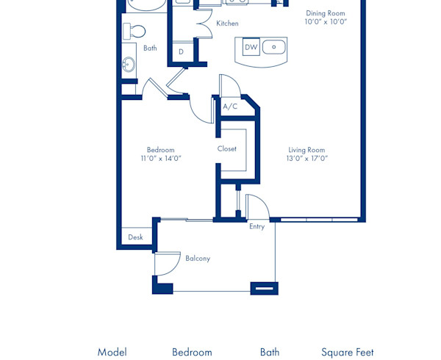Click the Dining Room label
coord(325,13)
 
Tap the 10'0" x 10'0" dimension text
coord(325,22)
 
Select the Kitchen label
coord(227,24)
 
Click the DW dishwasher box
coord(251,47)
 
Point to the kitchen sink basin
coord(274,47)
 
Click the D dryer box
coord(182,51)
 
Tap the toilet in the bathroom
coord(135,31)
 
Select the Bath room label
coord(150,48)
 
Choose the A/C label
coord(230,107)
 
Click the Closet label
coord(227,148)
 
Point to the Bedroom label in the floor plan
coord(161,150)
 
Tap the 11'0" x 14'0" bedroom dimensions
coord(161,159)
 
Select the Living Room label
coord(306,150)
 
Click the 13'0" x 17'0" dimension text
coord(306,159)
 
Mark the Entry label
coord(257,226)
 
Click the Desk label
coord(136,237)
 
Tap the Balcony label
coord(198,259)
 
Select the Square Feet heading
coord(347,353)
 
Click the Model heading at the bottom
coord(112,353)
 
